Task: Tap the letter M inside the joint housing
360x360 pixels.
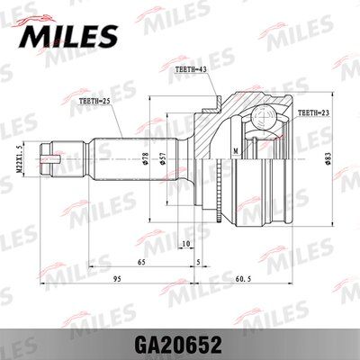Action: coord(235,149)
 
